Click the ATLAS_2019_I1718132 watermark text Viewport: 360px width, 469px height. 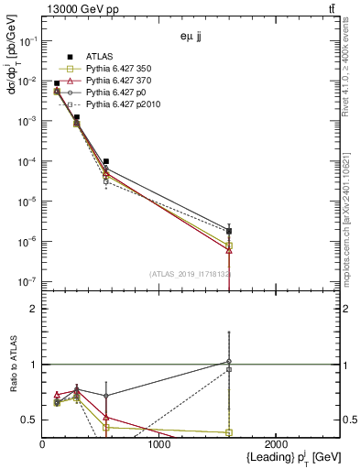point(189,273)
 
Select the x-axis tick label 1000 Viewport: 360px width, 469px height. point(159,445)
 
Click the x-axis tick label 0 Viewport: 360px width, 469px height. point(42,445)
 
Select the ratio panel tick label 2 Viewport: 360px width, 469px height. point(34,309)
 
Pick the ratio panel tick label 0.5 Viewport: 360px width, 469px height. point(30,420)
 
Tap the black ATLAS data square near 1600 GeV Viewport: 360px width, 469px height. point(229,231)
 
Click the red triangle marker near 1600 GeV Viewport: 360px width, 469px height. point(229,250)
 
